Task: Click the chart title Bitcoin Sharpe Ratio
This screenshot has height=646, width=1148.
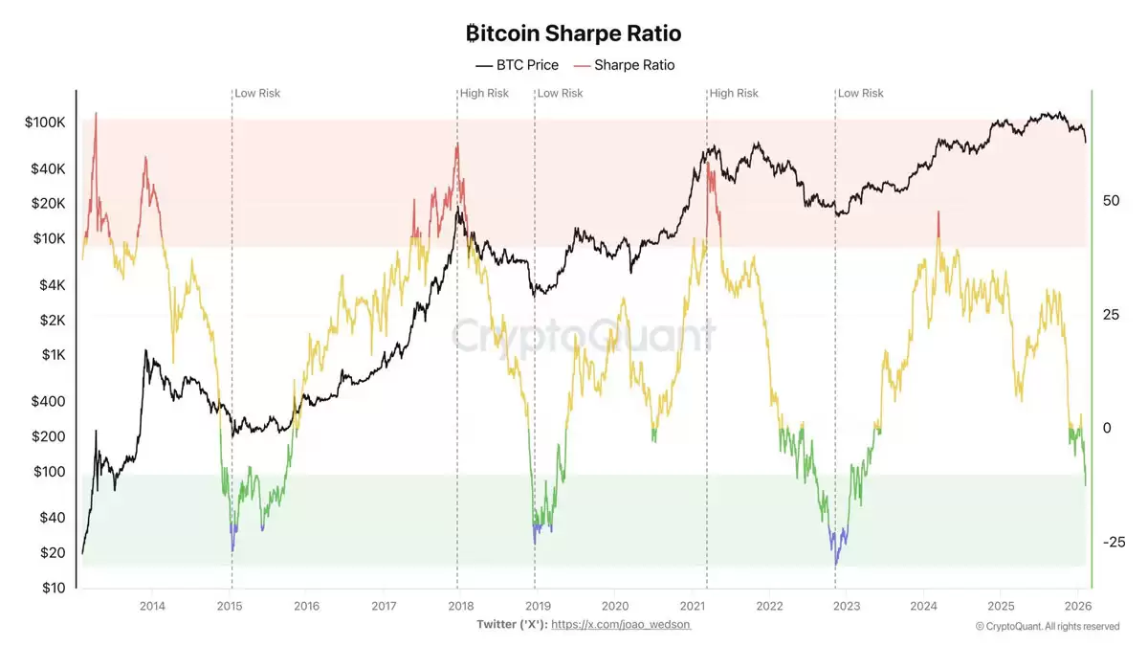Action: (573, 33)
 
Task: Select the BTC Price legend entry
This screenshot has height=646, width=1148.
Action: (517, 65)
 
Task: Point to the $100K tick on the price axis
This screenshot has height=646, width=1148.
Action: (45, 123)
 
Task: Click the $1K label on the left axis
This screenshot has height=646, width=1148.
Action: (52, 355)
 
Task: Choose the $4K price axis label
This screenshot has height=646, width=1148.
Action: (52, 285)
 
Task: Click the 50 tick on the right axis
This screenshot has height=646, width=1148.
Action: (1111, 201)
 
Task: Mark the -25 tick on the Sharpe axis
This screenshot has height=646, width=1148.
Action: (1114, 542)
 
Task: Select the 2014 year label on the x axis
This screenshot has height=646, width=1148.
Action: (152, 606)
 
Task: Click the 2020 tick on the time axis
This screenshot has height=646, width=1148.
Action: (615, 606)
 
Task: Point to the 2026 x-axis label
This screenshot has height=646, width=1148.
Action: (1078, 606)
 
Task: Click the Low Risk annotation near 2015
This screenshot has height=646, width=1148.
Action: (257, 93)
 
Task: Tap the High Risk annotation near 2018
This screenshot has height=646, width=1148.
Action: (484, 93)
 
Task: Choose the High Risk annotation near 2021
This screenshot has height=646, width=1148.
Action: (734, 93)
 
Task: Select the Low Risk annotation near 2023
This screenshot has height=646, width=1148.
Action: (860, 93)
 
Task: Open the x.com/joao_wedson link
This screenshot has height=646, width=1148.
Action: (621, 624)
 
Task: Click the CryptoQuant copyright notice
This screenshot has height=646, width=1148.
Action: (1047, 626)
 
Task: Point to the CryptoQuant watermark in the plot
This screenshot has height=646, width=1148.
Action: (583, 337)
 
